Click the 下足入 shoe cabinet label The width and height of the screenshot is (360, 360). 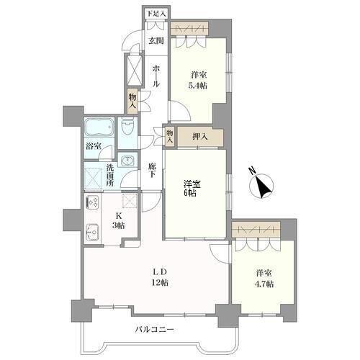[x=156, y=14]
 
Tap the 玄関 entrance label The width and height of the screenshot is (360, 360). [x=156, y=41]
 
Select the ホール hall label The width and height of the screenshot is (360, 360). [x=156, y=76]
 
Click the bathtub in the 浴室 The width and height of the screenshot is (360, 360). [x=99, y=127]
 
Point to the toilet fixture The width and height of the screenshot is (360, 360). [x=127, y=127]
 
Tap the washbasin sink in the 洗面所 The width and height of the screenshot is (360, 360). [x=127, y=160]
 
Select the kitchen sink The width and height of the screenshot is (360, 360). [x=93, y=232]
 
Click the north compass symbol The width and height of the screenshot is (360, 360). [x=261, y=186]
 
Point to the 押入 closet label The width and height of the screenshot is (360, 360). [x=200, y=137]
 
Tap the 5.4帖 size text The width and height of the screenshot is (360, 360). [x=198, y=86]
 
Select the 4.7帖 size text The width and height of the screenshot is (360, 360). [x=264, y=284]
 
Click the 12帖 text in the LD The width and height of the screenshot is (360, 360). [x=160, y=282]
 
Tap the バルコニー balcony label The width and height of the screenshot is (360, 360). [x=154, y=330]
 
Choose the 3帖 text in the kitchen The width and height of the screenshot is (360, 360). [x=118, y=225]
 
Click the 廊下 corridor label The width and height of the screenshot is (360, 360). [x=151, y=170]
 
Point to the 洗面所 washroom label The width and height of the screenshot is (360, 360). [x=110, y=175]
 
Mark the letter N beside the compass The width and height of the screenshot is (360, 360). [x=252, y=171]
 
